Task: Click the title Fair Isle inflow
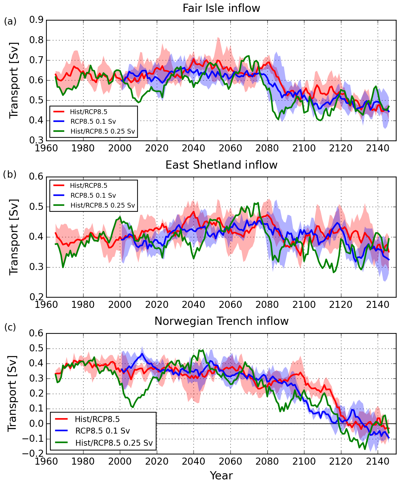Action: click(221, 8)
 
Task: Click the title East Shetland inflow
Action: click(221, 165)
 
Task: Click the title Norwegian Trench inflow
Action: click(221, 321)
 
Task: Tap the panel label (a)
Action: click(10, 21)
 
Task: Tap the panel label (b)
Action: click(10, 175)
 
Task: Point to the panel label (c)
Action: click(10, 327)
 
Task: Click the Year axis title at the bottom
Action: click(221, 475)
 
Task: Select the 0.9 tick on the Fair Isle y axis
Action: click(36, 20)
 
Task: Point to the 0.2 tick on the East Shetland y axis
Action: click(36, 297)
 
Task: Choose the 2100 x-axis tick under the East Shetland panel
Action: click(304, 304)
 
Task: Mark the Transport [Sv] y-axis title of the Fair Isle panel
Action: click(14, 80)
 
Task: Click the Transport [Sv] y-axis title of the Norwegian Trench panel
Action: click(12, 393)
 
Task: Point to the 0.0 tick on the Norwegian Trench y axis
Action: click(36, 424)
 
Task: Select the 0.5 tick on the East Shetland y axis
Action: click(36, 207)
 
